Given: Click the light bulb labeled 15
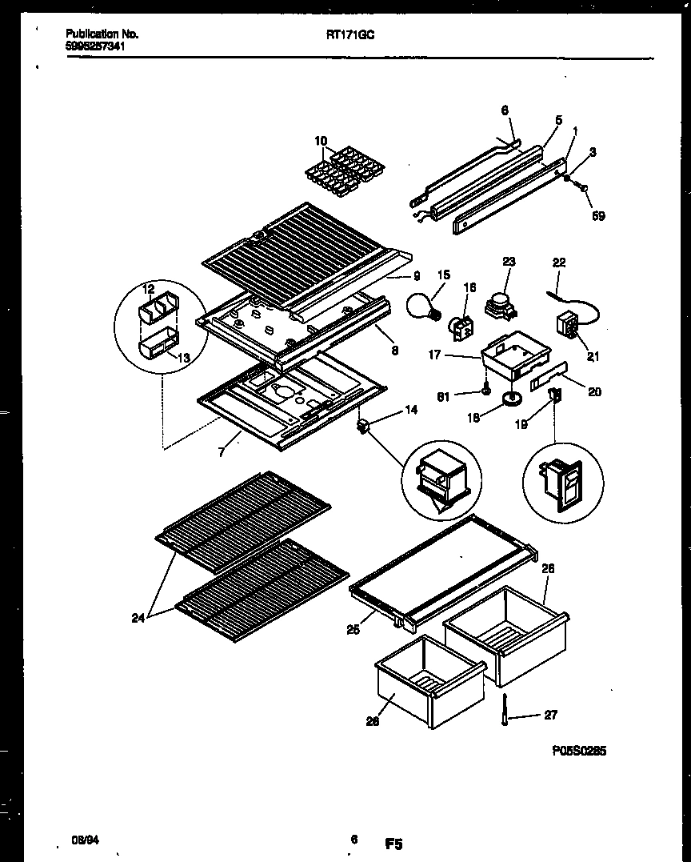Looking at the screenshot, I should click(x=424, y=306).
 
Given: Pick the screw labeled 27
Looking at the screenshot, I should click(x=506, y=711).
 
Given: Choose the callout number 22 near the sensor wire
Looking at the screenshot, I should click(x=559, y=261).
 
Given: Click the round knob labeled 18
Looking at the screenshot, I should click(x=509, y=398).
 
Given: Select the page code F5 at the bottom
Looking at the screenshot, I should click(x=393, y=842).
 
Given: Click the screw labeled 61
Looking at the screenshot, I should click(x=485, y=391).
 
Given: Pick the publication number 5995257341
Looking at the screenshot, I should click(x=94, y=46).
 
